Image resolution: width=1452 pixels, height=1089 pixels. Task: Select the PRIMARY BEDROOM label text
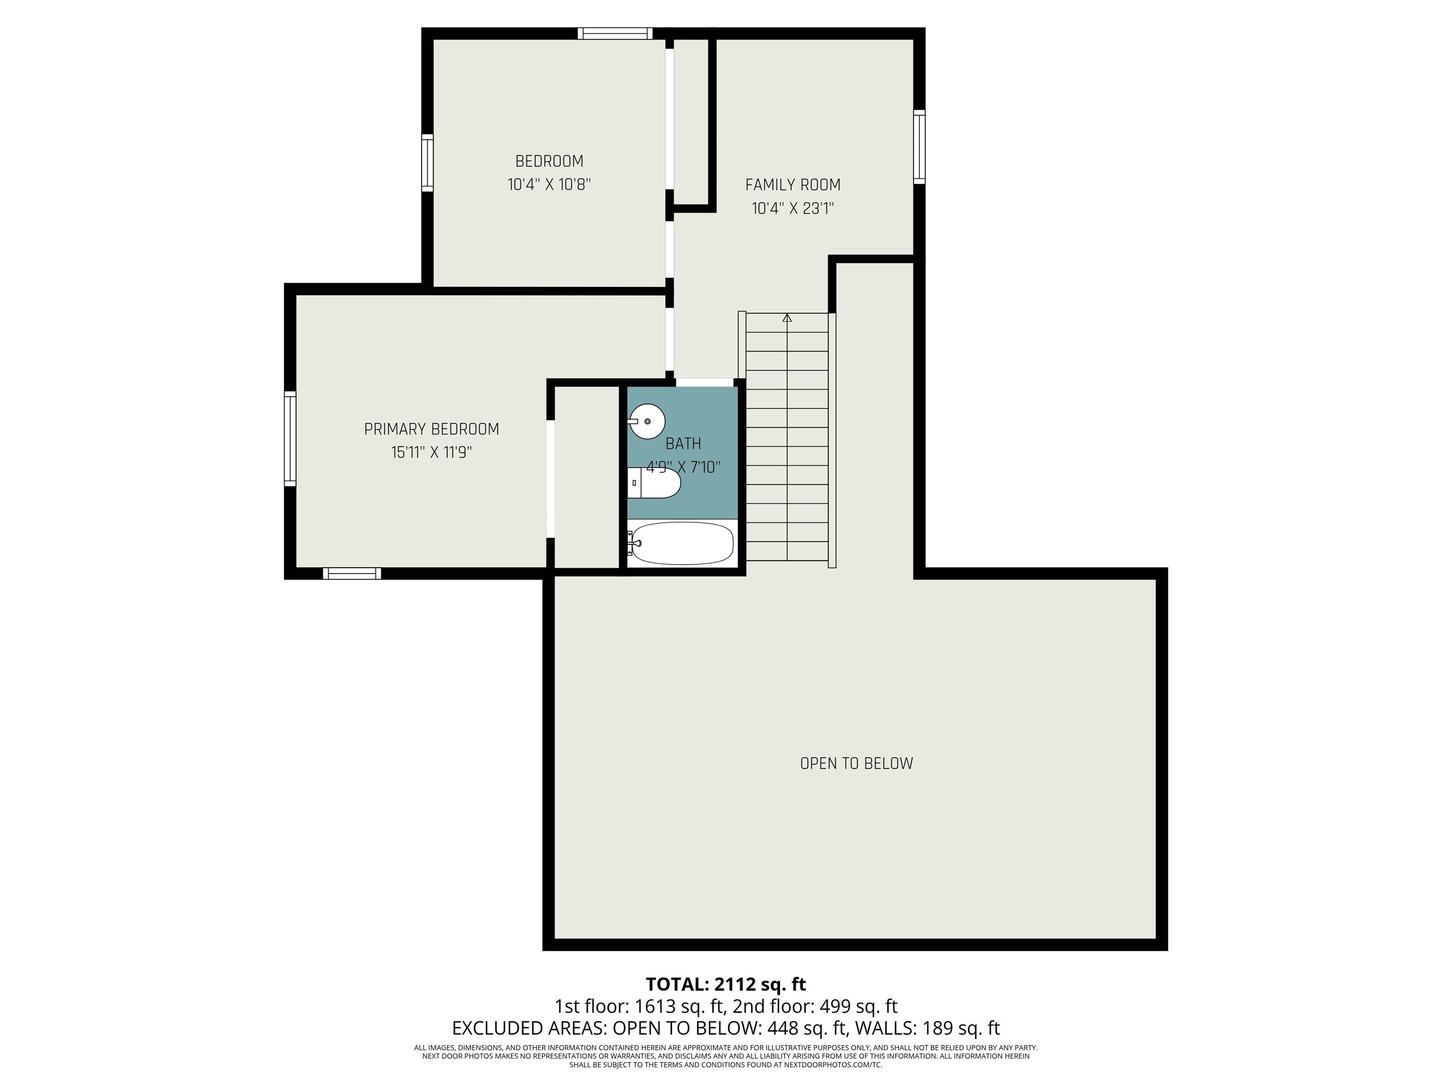point(431,429)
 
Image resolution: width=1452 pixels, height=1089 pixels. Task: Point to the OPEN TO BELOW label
point(856,763)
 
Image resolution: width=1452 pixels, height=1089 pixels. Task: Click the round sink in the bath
point(647,421)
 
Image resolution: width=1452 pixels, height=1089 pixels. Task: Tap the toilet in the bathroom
point(654,483)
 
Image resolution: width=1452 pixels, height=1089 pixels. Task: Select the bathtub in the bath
point(681,544)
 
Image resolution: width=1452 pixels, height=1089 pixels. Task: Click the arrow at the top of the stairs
point(787,318)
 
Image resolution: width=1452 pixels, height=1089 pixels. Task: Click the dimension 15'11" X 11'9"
point(431,452)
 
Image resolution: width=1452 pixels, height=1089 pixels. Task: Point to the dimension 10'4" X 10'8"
point(549,184)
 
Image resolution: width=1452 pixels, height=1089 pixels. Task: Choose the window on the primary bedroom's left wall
point(289,439)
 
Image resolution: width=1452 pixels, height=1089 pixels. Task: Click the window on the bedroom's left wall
point(427,163)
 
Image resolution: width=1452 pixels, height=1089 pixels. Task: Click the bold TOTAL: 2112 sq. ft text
point(726,985)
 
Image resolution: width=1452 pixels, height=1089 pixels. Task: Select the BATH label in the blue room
point(683,444)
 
